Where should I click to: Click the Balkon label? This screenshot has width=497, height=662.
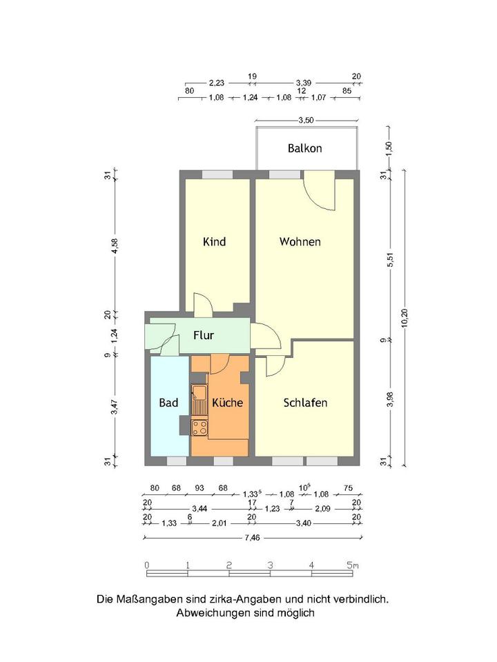[x=304, y=149]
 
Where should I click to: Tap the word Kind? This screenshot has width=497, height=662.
[x=214, y=242]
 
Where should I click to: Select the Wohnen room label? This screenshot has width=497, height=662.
[x=300, y=242]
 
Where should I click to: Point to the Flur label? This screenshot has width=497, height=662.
[x=204, y=336]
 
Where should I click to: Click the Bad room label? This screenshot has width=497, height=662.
[x=168, y=403]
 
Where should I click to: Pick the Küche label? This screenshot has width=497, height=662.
[x=227, y=403]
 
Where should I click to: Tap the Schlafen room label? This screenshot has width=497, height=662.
[x=305, y=403]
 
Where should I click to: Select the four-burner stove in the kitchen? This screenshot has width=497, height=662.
[x=199, y=428]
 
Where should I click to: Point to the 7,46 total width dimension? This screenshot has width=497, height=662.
[x=252, y=538]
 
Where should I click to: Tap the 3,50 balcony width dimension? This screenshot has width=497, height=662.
[x=306, y=120]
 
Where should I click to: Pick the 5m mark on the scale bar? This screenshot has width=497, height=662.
[x=352, y=565]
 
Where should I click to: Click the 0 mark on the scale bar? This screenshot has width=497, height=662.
[x=146, y=565]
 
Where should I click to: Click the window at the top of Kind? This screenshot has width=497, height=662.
[x=217, y=174]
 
